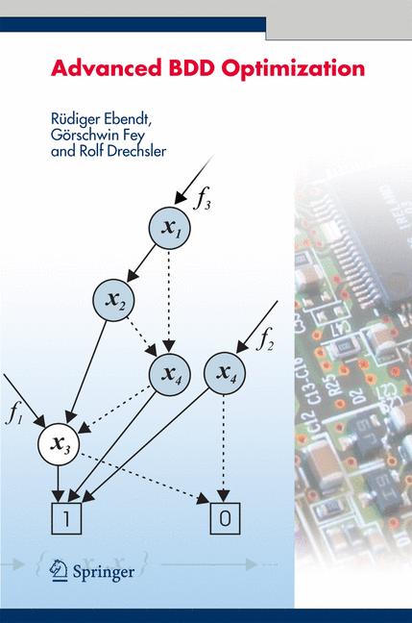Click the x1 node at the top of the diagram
(169, 228)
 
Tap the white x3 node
(60, 443)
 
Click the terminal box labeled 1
(65, 517)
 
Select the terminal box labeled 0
(224, 517)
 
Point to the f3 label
(203, 200)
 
